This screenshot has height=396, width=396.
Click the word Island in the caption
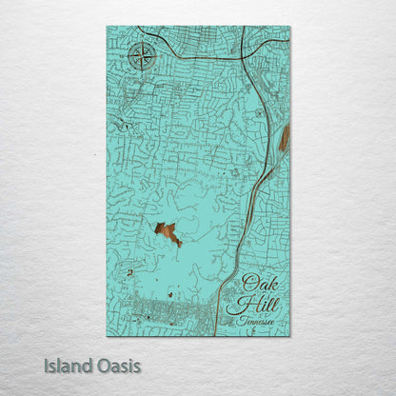point(66,365)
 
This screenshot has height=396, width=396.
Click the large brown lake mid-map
point(167,231)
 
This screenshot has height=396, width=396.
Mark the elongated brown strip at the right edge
point(284,139)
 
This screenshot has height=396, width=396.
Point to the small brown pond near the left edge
point(129,272)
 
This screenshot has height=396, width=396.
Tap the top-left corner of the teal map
point(108,28)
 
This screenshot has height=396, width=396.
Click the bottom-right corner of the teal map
point(289,335)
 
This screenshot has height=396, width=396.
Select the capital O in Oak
point(247,283)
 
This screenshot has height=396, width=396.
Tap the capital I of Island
point(47,365)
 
